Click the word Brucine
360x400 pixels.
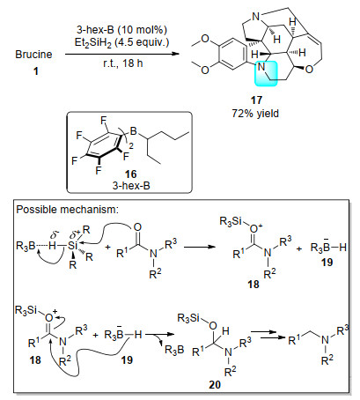coord(33,55)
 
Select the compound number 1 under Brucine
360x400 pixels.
coord(36,71)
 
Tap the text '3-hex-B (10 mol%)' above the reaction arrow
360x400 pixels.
coord(121,30)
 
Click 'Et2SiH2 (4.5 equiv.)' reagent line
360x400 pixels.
coord(121,42)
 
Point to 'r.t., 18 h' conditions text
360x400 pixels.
coord(123,63)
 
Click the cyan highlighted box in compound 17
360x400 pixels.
coord(266,73)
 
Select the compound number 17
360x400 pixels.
coord(256,100)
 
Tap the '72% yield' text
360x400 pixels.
coord(255,114)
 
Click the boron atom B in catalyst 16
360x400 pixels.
coord(134,131)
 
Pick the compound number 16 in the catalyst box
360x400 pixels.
coord(131,174)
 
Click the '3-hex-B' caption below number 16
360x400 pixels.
coord(131,186)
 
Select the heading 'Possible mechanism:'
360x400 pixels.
coord(67,210)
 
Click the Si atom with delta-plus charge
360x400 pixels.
coord(72,246)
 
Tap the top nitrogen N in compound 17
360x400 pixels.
coord(256,17)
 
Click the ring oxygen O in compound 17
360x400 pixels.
coord(309,70)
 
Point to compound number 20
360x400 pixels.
coord(215,384)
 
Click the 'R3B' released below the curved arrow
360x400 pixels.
coord(174,350)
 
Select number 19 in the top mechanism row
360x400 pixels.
coord(327,262)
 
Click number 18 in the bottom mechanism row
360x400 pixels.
coord(35,359)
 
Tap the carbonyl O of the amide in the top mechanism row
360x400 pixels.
coord(137,227)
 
